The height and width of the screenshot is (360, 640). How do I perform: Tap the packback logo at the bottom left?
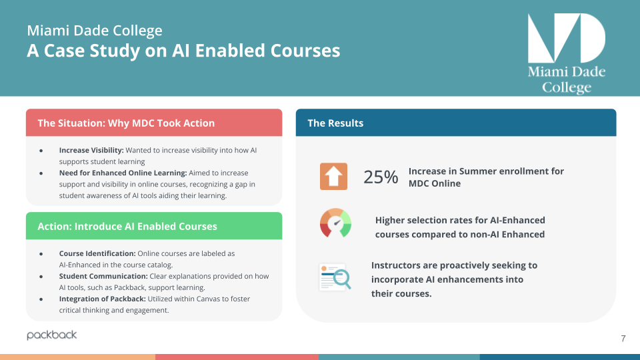click(52, 335)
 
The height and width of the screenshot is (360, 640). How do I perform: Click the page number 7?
click(623, 339)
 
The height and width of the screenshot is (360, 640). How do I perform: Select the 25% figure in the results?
click(381, 177)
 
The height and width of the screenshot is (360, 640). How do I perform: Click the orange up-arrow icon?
click(333, 177)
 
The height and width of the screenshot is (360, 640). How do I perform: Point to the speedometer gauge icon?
click(335, 223)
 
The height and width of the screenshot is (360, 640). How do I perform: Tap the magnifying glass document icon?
click(335, 277)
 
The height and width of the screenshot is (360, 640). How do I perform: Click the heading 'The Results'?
click(335, 123)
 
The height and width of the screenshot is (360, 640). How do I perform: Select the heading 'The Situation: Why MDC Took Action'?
click(126, 123)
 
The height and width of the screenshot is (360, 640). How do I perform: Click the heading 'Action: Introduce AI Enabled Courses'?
click(127, 227)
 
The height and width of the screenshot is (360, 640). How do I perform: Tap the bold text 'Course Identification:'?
click(97, 254)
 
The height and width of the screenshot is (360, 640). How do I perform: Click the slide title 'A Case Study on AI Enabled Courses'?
click(183, 51)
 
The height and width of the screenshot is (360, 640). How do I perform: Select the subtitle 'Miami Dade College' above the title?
click(94, 31)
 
